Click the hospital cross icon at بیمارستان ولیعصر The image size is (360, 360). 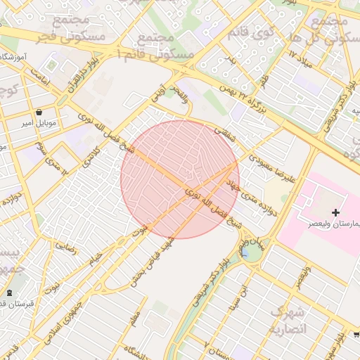335,212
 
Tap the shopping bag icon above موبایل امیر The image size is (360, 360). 39,112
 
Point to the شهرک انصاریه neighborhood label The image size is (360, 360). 288,320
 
